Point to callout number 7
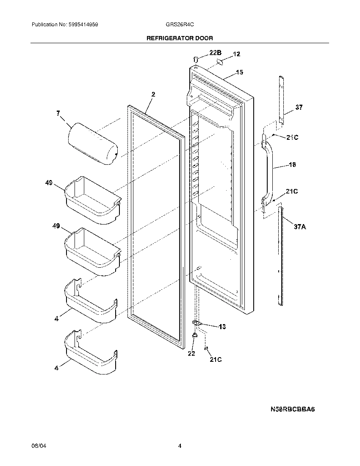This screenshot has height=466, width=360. pos(58,113)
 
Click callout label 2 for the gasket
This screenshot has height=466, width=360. pos(153,94)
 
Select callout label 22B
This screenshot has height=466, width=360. pos(215,53)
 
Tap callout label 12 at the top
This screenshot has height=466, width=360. pos(236,54)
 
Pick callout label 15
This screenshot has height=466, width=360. pos(239,72)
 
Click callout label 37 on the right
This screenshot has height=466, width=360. pos(299,108)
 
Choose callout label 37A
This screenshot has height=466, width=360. pos(300,227)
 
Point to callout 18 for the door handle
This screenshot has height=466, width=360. pos(292,165)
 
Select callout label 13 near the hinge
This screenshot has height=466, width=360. pos(222,327)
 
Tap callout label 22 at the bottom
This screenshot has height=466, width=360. pos(191,353)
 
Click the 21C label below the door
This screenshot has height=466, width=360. pos(215,360)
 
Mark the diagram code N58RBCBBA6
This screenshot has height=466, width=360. pos(294,410)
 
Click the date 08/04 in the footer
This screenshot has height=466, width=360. pos(37,446)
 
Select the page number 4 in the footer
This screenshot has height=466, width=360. pos(180,446)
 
